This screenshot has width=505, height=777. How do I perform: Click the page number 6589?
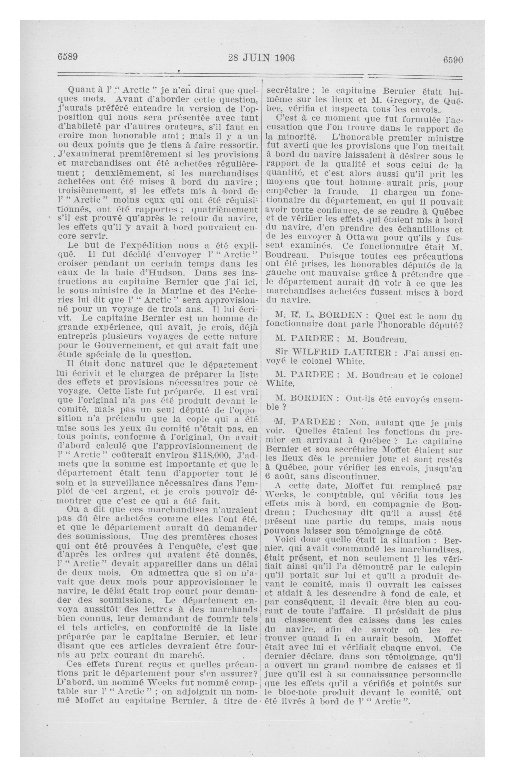pyautogui.click(x=68, y=57)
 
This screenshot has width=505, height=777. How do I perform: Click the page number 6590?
pyautogui.click(x=453, y=60)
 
